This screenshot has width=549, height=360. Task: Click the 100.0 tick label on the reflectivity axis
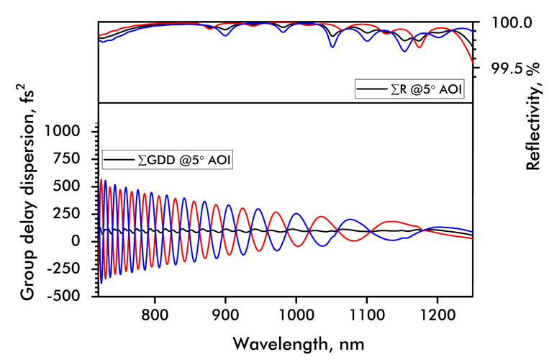512,23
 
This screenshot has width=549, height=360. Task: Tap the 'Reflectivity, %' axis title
533,122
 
